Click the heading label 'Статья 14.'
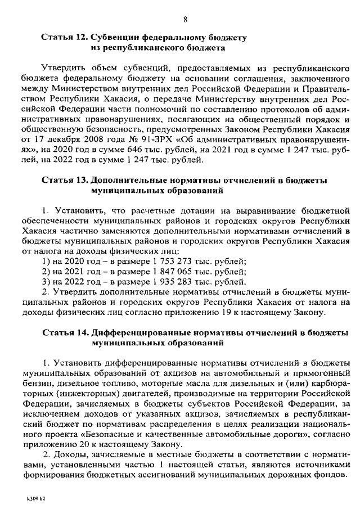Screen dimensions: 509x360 click(x=64, y=332)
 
